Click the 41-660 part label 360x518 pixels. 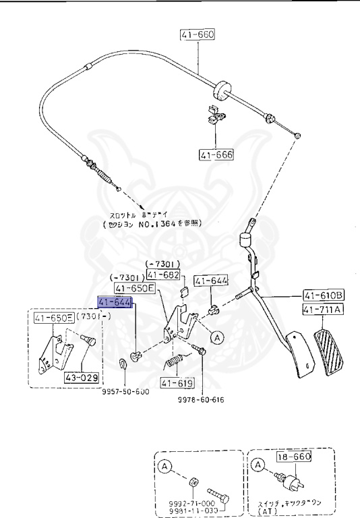click(x=196, y=35)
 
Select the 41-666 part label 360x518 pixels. click(x=216, y=155)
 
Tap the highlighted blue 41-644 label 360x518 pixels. click(x=115, y=302)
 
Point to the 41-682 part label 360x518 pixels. click(x=162, y=275)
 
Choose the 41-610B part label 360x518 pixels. click(x=324, y=295)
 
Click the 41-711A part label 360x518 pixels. click(x=324, y=310)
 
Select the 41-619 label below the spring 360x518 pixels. click(x=177, y=384)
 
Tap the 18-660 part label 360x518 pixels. click(x=293, y=457)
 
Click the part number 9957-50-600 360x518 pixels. click(x=126, y=392)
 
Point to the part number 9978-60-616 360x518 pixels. click(x=202, y=400)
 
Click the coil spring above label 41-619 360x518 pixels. click(x=175, y=365)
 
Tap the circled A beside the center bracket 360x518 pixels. click(x=216, y=336)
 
